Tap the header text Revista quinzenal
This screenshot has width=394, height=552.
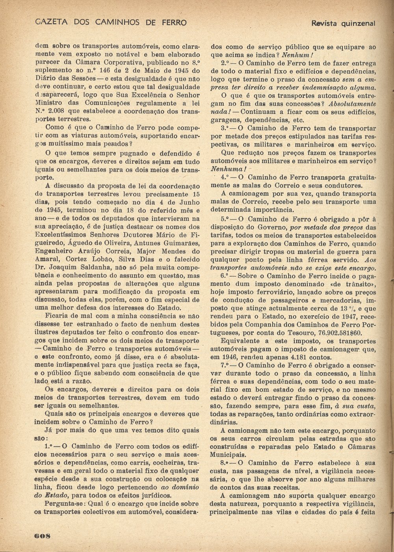(343, 23)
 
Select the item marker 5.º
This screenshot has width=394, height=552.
(226, 219)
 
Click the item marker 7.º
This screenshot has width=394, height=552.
(226, 366)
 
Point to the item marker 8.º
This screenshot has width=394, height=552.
(226, 462)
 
